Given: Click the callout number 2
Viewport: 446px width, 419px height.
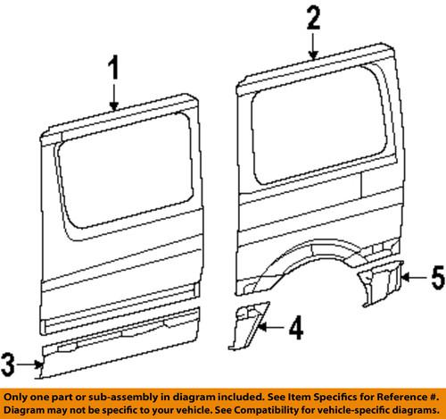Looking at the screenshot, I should (x=312, y=18).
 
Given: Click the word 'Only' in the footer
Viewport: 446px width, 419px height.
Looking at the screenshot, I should (x=19, y=395).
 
